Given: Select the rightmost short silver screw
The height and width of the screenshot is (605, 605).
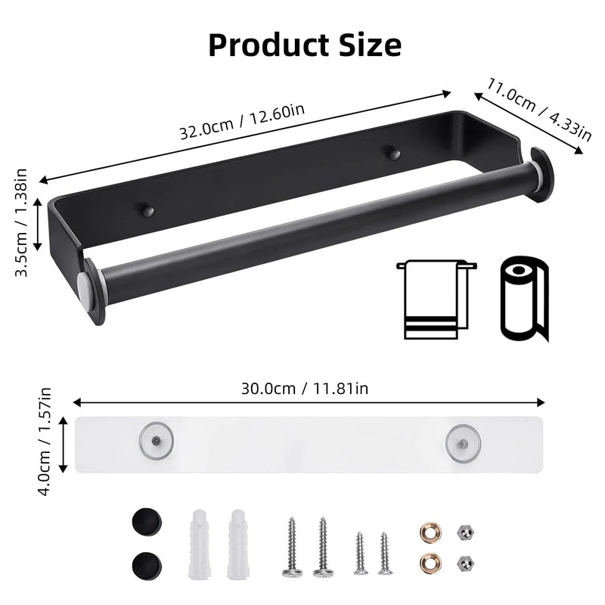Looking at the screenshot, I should pyautogui.click(x=385, y=554).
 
